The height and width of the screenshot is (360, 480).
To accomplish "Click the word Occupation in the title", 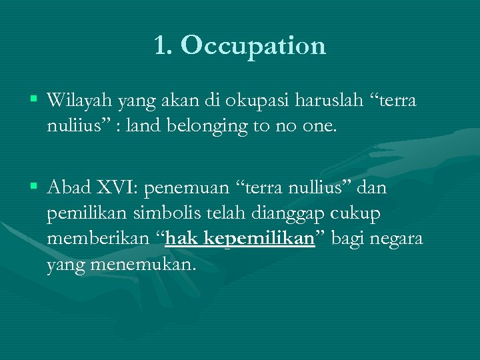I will pyautogui.click(x=253, y=46).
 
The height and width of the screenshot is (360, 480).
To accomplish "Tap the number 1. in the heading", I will pyautogui.click(x=164, y=46).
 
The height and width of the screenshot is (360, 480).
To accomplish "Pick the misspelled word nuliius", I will pyautogui.click(x=73, y=126).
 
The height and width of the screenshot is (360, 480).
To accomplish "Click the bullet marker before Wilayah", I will pyautogui.click(x=33, y=100).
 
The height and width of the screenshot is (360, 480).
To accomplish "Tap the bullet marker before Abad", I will pyautogui.click(x=33, y=187).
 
